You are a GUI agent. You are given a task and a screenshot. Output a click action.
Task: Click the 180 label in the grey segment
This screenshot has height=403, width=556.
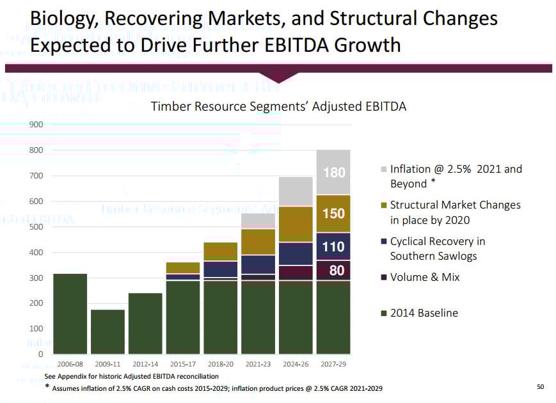tap(334, 173)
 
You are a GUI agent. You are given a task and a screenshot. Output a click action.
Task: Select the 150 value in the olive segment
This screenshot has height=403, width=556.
tap(334, 214)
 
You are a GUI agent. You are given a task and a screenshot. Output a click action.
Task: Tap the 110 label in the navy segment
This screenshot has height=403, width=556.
tap(334, 246)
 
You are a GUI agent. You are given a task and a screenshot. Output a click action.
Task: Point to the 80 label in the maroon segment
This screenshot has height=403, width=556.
tap(337, 271)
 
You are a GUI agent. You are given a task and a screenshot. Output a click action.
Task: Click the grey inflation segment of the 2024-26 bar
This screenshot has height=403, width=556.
tap(295, 191)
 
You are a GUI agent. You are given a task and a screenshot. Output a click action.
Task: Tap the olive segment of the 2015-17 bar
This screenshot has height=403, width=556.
tap(183, 267)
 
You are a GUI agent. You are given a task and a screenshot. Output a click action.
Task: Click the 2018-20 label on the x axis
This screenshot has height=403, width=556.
tap(220, 363)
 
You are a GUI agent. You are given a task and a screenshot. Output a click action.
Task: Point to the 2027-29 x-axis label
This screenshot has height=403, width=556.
tap(333, 363)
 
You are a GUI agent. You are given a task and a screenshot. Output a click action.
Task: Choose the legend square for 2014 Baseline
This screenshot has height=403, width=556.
tap(383, 313)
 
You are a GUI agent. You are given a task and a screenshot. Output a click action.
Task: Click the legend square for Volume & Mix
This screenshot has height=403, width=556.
tap(383, 278)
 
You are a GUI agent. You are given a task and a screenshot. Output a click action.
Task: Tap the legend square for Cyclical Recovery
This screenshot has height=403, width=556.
tap(383, 242)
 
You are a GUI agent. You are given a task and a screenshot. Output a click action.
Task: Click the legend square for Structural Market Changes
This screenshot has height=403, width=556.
tap(383, 205)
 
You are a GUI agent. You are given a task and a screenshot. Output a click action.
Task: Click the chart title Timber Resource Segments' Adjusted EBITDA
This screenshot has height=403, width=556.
tap(278, 106)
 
